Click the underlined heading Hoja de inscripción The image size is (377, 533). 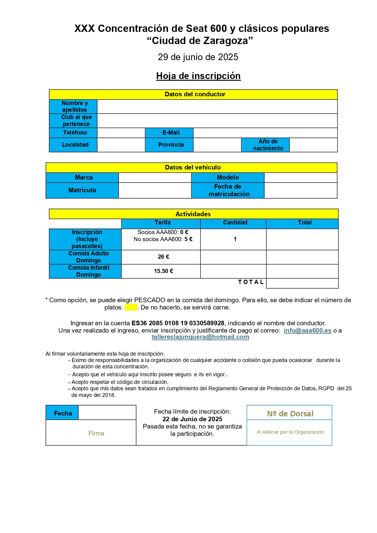click(x=198, y=76)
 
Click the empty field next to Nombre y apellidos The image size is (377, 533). click(x=217, y=107)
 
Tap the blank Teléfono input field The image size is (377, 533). click(x=121, y=133)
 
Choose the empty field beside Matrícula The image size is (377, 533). click(x=155, y=190)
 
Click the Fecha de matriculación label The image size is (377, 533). click(x=228, y=190)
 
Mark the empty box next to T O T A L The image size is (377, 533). click(x=302, y=283)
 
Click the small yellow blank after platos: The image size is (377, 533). click(x=131, y=307)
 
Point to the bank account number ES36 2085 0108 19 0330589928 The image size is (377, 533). click(x=178, y=323)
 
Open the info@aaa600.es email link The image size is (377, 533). click(x=307, y=330)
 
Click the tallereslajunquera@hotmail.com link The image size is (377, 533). click(x=200, y=337)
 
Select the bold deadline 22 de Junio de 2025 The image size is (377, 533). click(x=192, y=419)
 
